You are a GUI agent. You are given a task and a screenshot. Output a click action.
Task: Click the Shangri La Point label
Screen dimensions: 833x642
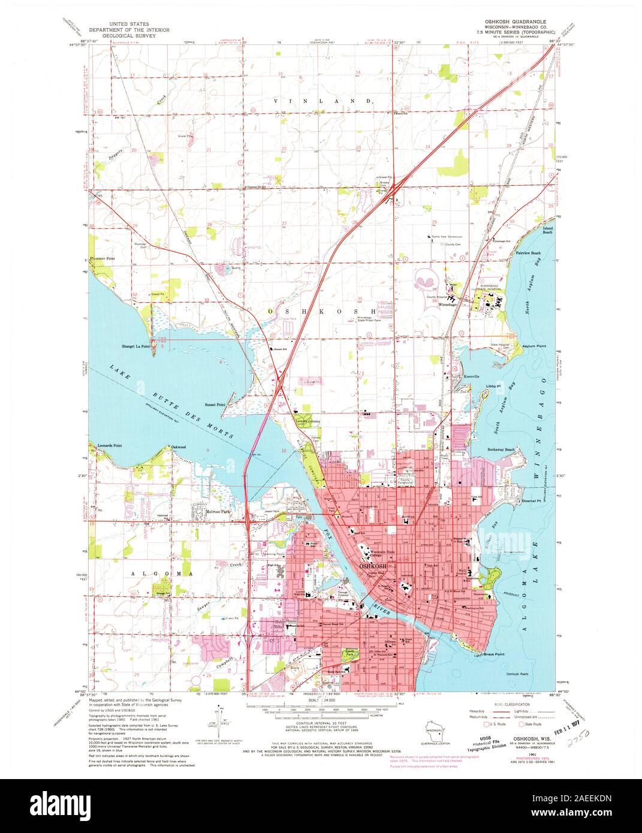136,346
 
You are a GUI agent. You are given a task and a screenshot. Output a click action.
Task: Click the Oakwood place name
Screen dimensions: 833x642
178,447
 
